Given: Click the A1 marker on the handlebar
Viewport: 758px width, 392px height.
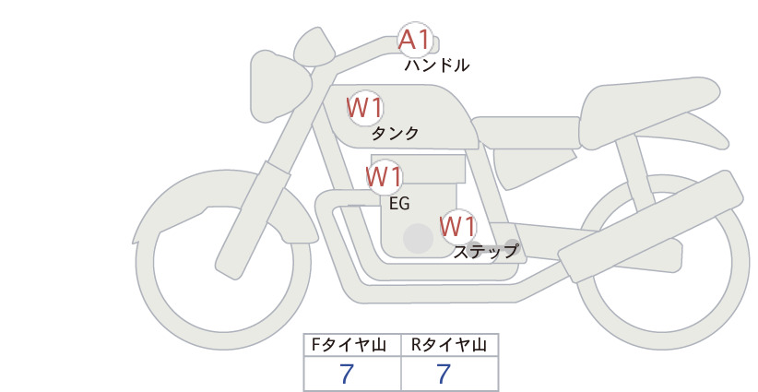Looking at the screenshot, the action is (x=415, y=40).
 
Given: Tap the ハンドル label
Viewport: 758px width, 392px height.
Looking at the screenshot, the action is (x=436, y=65).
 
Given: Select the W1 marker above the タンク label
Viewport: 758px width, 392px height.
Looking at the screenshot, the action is (x=365, y=108).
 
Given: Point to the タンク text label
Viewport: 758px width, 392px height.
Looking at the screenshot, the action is (x=395, y=134).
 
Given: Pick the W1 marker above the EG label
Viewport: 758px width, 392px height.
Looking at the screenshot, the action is (x=385, y=177).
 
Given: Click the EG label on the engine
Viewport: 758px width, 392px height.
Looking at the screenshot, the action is (x=399, y=204).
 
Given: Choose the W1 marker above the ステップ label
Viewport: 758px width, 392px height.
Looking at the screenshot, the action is (x=458, y=227).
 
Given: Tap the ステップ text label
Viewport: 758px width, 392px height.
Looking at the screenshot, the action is (x=486, y=252).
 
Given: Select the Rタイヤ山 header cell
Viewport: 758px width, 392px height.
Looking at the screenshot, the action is (x=450, y=345).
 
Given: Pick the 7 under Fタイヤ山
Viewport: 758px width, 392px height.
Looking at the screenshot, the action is (x=347, y=374).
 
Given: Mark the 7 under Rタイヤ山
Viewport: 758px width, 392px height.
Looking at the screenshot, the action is (x=444, y=374).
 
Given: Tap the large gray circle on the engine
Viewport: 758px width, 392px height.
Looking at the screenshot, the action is (x=418, y=238).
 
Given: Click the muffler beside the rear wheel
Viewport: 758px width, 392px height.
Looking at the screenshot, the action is (x=651, y=227).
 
